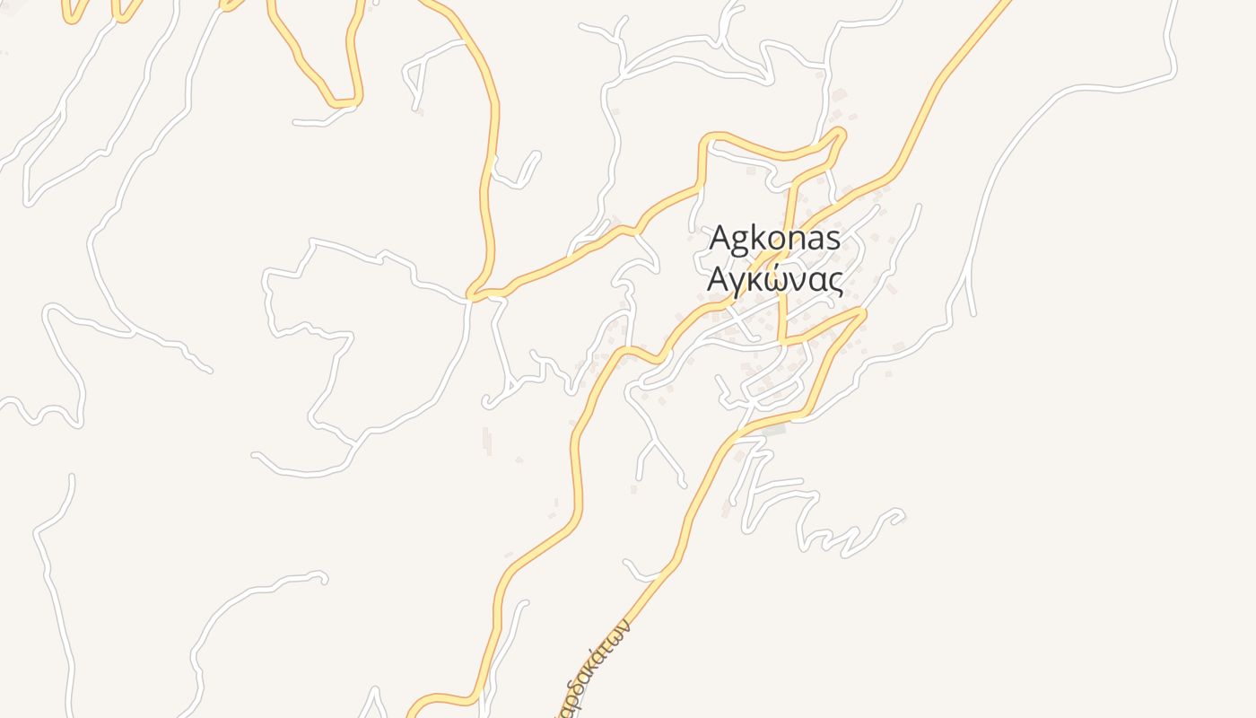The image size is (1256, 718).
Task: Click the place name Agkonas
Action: coord(775,239)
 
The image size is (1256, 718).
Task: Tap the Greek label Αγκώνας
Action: coord(775,280)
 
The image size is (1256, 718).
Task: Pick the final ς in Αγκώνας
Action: coord(835,283)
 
